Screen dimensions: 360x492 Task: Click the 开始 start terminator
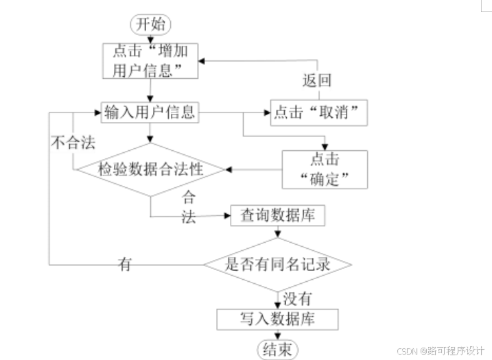[151, 24]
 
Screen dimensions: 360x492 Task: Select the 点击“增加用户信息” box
[150, 60]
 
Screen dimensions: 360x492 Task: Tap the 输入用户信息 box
[149, 112]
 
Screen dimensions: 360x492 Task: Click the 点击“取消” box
[318, 112]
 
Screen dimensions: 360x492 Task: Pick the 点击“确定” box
[325, 169]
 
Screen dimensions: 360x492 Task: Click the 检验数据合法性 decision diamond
[150, 169]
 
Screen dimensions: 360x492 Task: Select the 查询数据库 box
[278, 216]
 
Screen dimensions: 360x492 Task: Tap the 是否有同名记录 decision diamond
[277, 264]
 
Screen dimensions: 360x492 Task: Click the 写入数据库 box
[277, 319]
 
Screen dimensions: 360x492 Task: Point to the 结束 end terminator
[277, 349]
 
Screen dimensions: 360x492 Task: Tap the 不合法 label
[72, 143]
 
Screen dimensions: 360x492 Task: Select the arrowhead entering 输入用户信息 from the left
[97, 112]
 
